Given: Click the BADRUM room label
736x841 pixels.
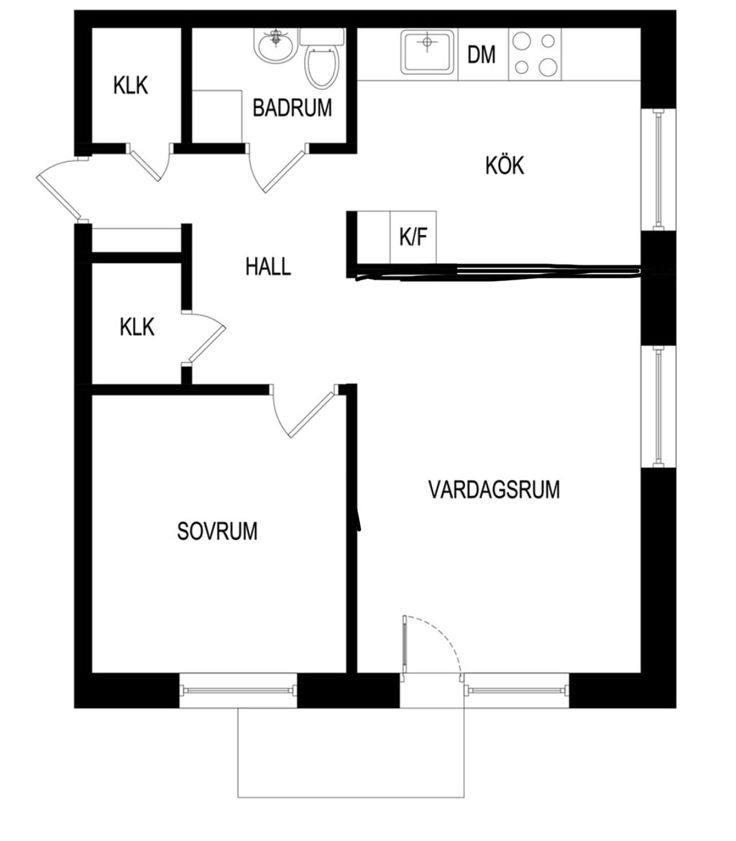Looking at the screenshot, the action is (x=293, y=108).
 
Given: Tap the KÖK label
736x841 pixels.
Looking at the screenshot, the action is (x=505, y=165).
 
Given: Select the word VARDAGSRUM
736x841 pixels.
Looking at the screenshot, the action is (x=494, y=490).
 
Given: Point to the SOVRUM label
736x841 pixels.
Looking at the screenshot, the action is (x=217, y=531).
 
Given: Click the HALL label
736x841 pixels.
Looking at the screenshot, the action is (x=268, y=267).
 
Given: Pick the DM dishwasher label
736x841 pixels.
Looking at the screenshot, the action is (x=481, y=55).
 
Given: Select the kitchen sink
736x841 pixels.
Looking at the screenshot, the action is (x=428, y=52).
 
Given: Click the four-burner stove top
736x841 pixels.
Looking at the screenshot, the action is (x=535, y=54).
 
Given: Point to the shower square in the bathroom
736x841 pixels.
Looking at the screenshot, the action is (x=217, y=116).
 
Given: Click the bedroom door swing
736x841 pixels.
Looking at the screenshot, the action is (x=304, y=411).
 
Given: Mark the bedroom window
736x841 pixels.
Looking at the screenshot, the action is (x=238, y=690).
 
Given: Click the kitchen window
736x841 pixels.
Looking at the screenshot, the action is (x=659, y=170).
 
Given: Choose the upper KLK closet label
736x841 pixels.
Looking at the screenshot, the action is (x=130, y=86).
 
